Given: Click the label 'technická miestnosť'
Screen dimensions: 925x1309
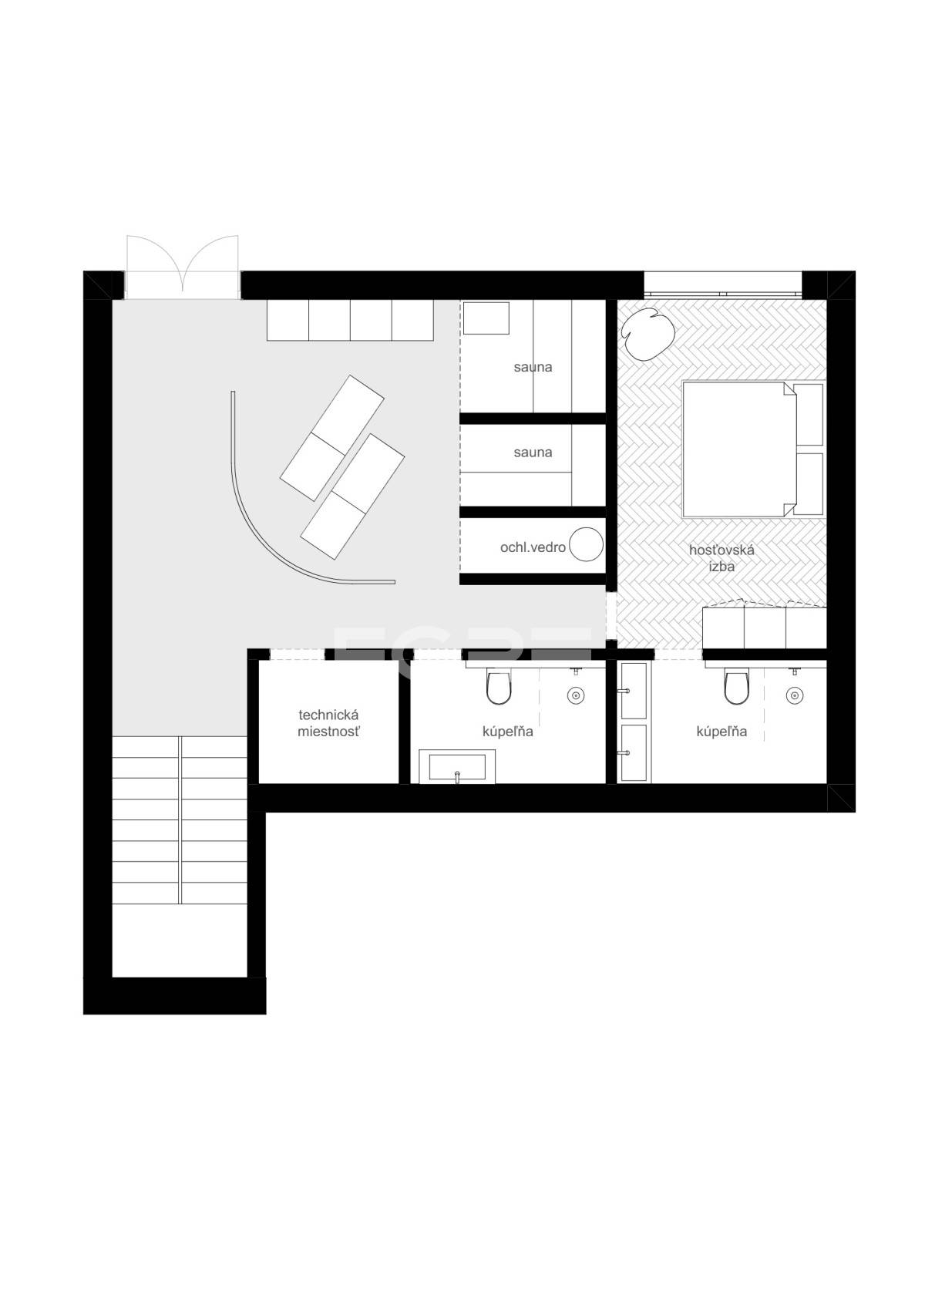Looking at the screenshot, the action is coord(328,723).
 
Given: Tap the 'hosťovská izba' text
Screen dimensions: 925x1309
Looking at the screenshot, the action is coord(721,557).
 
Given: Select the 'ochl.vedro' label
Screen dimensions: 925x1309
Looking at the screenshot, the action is coord(533,547).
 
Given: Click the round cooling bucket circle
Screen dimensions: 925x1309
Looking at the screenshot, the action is coord(586,544).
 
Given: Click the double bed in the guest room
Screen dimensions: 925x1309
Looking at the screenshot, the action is coord(753,449).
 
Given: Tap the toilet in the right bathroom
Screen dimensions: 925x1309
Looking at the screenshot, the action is coord(736,687).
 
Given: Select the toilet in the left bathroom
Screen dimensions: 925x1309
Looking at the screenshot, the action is coord(499,687).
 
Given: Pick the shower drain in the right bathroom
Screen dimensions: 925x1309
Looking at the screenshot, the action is coord(793,695).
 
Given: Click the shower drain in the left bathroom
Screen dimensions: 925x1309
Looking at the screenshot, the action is coord(576,695).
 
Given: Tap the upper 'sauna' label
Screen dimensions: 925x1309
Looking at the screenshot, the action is coord(533,367).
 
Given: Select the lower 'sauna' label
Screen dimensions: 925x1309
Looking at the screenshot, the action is coord(533,452).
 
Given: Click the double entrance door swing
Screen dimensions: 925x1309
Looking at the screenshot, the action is coord(183,267).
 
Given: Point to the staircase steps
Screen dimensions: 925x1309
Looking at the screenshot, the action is coord(180,820).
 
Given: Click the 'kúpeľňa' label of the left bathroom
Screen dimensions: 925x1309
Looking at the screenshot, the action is coord(507,731).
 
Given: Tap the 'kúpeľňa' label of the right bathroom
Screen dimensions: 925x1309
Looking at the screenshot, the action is coord(721,731).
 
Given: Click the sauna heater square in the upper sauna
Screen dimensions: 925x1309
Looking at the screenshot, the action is coord(486,318).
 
